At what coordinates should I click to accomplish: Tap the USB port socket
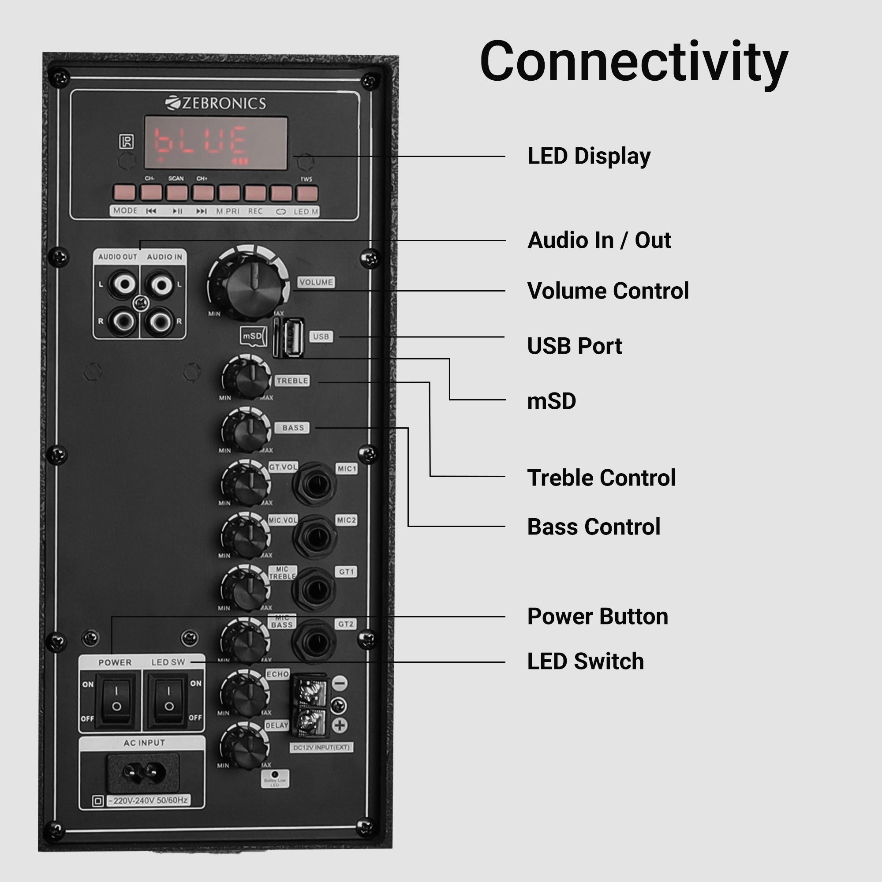(292, 338)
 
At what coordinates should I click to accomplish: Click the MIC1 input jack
(315, 484)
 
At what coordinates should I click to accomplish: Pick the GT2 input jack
(314, 641)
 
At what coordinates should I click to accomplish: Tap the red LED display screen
(216, 143)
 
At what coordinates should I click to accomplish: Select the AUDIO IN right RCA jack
(160, 321)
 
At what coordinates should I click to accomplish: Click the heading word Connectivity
(634, 62)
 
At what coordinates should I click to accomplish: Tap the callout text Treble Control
(601, 478)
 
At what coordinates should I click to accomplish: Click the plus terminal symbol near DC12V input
(340, 725)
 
